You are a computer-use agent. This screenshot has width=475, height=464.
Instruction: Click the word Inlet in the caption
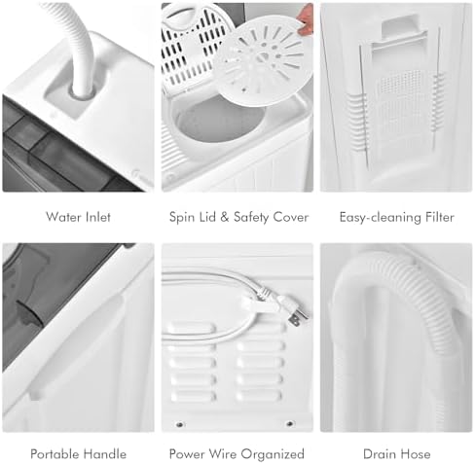[95, 217]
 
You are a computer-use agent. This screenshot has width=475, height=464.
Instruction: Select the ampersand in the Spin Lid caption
[225, 217]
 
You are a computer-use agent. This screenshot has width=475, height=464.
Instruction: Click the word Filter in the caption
[440, 217]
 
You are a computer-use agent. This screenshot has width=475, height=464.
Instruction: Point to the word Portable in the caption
[55, 454]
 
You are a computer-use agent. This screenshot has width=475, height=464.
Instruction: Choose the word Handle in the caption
[105, 454]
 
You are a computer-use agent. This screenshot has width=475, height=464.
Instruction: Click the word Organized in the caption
[273, 454]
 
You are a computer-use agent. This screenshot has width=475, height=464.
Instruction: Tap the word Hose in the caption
[417, 454]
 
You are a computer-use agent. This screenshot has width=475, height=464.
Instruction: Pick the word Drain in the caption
[381, 454]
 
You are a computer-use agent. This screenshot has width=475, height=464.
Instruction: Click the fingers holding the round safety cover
[305, 18]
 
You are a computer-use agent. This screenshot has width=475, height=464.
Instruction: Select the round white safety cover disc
[264, 61]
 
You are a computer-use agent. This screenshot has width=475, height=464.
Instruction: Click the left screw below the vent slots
[179, 424]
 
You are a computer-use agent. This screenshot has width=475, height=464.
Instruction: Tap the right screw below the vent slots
[289, 423]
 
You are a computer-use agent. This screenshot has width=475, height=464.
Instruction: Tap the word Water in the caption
[60, 217]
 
